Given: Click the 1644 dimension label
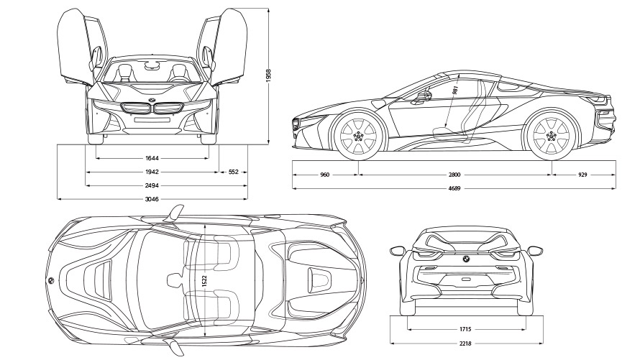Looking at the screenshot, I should tap(151, 157).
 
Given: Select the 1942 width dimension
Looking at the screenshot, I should tap(151, 172).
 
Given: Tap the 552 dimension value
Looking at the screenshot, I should tap(234, 172).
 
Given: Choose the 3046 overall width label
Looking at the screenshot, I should tap(151, 198).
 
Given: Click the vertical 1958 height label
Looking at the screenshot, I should tap(268, 75).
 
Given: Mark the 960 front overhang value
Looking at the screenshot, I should tap(324, 175).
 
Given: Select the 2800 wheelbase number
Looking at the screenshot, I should tap(454, 175).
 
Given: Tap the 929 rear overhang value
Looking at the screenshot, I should tap(582, 175).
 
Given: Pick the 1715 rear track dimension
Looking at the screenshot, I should tap(465, 329).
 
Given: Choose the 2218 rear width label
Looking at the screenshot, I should tap(465, 343).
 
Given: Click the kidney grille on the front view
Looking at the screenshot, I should tap(152, 109).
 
